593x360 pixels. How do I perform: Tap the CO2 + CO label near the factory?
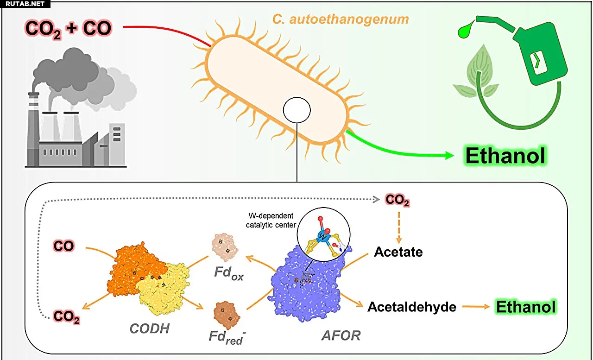[x=69, y=28]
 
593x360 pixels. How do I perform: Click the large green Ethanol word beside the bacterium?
[x=505, y=156]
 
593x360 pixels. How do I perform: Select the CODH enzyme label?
[x=150, y=329]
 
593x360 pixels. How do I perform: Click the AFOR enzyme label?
[x=341, y=335]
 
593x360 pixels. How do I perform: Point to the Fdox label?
[x=229, y=272]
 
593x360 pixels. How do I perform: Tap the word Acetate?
[x=398, y=252]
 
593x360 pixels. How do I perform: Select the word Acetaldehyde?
[x=412, y=307]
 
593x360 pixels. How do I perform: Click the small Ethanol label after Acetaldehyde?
[x=526, y=307]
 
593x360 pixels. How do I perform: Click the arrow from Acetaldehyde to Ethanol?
[x=476, y=307]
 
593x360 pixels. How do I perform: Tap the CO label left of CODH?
[x=63, y=246]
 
